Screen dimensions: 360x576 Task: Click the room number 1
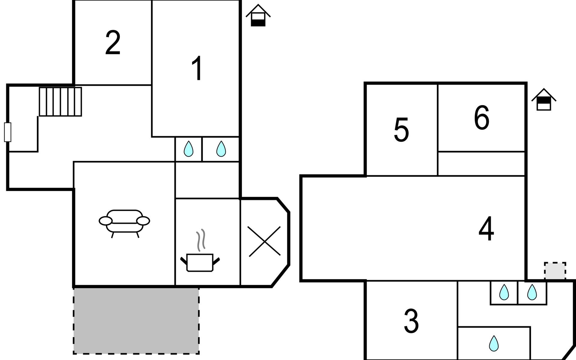[197, 68]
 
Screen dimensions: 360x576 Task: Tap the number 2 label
[113, 43]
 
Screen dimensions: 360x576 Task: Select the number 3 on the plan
[411, 321]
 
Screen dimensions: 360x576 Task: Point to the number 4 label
[486, 229]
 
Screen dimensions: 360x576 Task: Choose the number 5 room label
[401, 130]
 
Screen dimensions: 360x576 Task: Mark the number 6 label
[481, 117]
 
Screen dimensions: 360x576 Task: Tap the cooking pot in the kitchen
[200, 262]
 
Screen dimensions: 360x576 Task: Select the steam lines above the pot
[201, 240]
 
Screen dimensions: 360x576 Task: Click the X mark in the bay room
[264, 241]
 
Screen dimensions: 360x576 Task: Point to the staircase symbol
[60, 101]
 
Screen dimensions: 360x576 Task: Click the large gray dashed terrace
[136, 320]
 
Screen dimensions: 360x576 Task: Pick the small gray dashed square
[555, 271]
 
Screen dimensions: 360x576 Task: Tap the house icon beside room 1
[258, 16]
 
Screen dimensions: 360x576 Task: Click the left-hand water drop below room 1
[188, 149]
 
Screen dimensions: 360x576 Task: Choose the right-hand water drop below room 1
[221, 149]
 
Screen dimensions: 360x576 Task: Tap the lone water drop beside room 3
[494, 343]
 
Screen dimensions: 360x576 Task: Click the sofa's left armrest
[105, 221]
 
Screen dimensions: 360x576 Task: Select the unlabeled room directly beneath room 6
[481, 163]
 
